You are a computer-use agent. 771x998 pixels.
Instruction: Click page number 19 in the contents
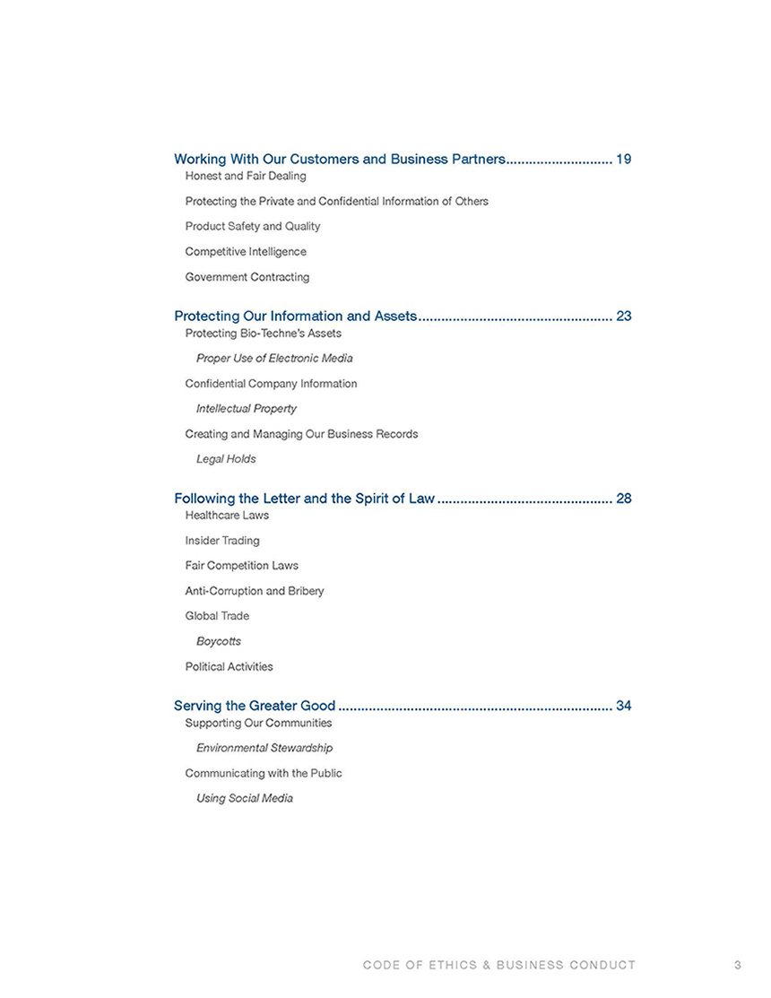pyautogui.click(x=624, y=160)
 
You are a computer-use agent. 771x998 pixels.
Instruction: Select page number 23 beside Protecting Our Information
pyautogui.click(x=624, y=317)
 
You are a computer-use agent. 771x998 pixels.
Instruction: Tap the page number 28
pyautogui.click(x=624, y=499)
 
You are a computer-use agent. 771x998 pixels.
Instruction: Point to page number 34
pyautogui.click(x=624, y=707)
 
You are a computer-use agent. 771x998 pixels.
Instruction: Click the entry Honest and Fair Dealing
pyautogui.click(x=245, y=177)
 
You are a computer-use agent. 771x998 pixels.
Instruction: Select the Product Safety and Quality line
pyautogui.click(x=252, y=227)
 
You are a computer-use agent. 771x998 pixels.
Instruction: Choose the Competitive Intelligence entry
pyautogui.click(x=245, y=252)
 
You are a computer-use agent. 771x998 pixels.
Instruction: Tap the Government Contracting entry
pyautogui.click(x=247, y=277)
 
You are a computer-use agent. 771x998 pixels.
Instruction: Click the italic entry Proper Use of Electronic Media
pyautogui.click(x=274, y=359)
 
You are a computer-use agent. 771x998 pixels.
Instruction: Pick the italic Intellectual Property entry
pyautogui.click(x=246, y=409)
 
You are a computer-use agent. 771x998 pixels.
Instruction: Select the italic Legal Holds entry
pyautogui.click(x=226, y=459)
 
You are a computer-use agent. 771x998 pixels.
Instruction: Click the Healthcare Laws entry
pyautogui.click(x=227, y=516)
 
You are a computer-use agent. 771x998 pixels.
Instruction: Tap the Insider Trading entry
pyautogui.click(x=222, y=541)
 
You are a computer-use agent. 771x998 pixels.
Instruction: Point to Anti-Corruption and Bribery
pyautogui.click(x=255, y=592)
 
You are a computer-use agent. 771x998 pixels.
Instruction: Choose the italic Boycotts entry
pyautogui.click(x=219, y=642)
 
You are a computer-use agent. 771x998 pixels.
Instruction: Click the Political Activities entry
pyautogui.click(x=229, y=667)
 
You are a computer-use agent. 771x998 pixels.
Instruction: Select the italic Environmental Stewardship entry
pyautogui.click(x=264, y=748)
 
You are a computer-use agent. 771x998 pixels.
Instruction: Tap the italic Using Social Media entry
pyautogui.click(x=245, y=798)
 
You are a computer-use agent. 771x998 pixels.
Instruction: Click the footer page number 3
pyautogui.click(x=737, y=965)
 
